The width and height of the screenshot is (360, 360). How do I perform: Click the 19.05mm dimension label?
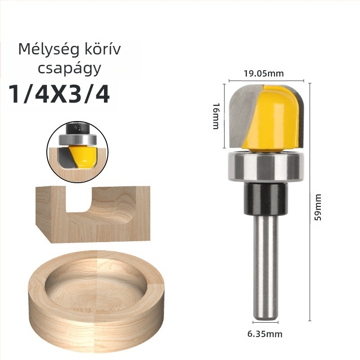click(264, 73)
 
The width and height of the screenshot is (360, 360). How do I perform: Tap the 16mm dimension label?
click(216, 116)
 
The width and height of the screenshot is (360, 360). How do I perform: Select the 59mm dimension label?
click(318, 207)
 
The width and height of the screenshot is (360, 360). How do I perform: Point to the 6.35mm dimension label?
click(265, 334)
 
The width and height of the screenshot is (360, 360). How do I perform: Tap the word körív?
click(103, 49)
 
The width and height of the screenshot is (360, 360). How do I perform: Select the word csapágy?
click(69, 69)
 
